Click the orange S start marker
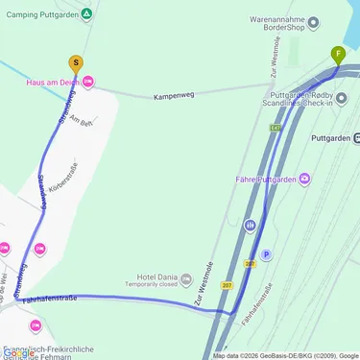click(x=76, y=64)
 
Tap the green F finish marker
click(x=337, y=54)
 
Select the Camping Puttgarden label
click(x=38, y=14)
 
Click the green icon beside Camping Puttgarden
click(x=86, y=14)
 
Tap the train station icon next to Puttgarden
click(x=356, y=138)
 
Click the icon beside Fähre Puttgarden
click(x=304, y=179)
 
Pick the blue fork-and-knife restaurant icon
click(x=250, y=226)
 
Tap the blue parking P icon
click(x=267, y=254)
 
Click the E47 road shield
click(x=276, y=127)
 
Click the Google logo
click(x=19, y=352)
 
